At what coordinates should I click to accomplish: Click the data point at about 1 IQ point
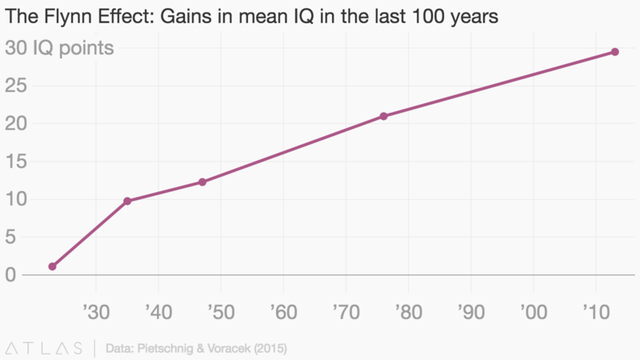pyautogui.click(x=52, y=266)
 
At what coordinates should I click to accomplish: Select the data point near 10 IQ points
pyautogui.click(x=127, y=201)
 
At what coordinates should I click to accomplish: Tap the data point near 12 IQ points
pyautogui.click(x=202, y=182)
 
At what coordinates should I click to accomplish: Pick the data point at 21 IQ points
pyautogui.click(x=384, y=116)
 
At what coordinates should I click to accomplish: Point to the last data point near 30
pyautogui.click(x=615, y=52)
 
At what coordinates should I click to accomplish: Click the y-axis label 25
pyautogui.click(x=15, y=86)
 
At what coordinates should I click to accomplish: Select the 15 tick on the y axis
pyautogui.click(x=15, y=162)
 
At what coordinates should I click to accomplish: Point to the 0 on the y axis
pyautogui.click(x=10, y=275)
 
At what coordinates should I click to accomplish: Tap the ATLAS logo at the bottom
pyautogui.click(x=44, y=348)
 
